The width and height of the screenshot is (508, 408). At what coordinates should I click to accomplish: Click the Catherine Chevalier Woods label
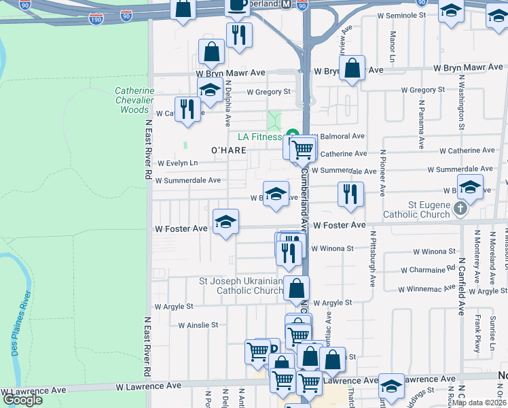click(x=134, y=100)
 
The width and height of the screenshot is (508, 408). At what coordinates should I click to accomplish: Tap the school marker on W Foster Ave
click(x=225, y=222)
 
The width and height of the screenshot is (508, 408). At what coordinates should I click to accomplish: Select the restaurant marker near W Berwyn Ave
click(x=350, y=194)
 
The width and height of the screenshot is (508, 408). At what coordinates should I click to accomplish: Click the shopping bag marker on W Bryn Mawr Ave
click(x=352, y=68)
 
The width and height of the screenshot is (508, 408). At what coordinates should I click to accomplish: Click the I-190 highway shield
click(x=96, y=18)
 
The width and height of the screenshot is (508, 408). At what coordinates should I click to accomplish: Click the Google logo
click(x=23, y=399)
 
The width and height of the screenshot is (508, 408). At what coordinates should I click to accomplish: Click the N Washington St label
click(x=461, y=103)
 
